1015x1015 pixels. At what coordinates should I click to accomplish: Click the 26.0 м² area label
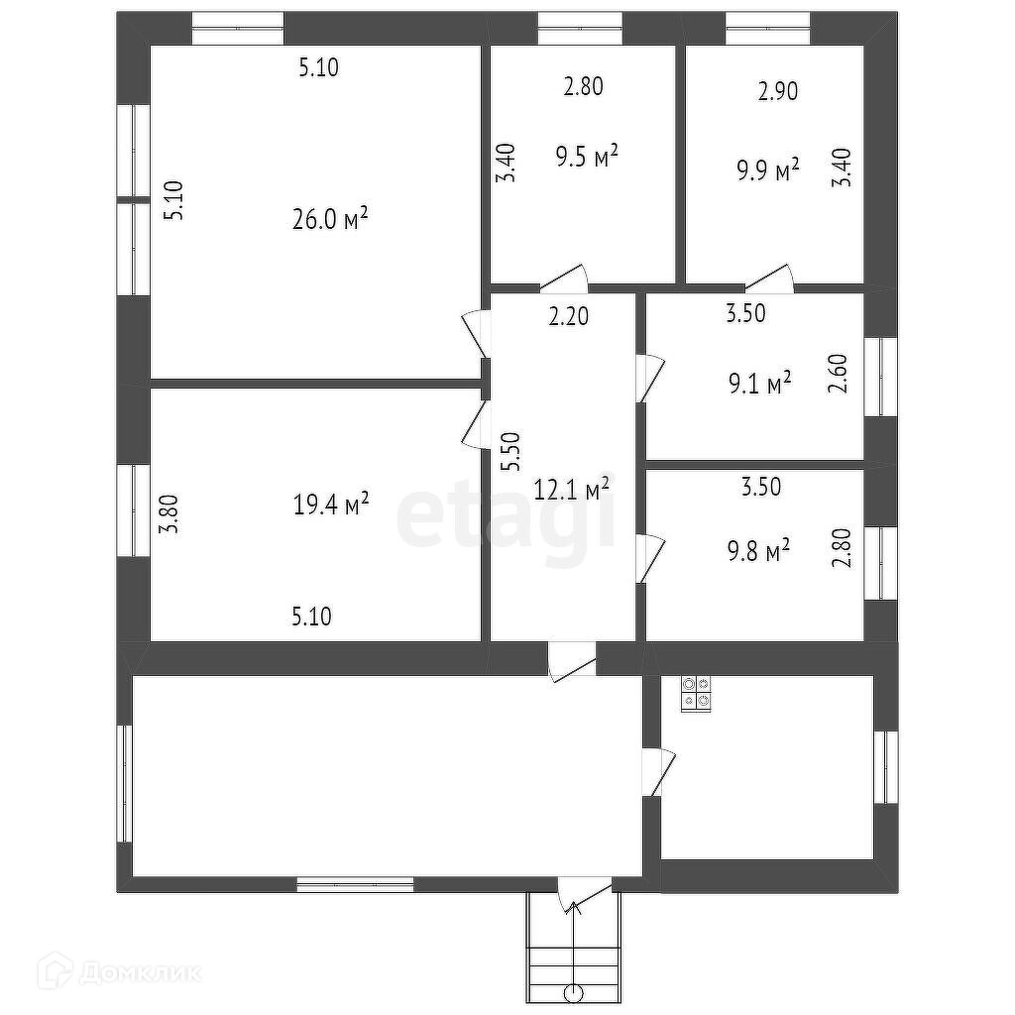pyautogui.click(x=330, y=219)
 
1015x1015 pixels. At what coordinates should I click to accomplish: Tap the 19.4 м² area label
pyautogui.click(x=331, y=505)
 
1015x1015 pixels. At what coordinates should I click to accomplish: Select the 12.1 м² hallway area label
pyautogui.click(x=572, y=489)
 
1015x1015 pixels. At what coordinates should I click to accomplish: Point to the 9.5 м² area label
pyautogui.click(x=588, y=157)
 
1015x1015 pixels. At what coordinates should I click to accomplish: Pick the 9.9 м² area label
pyautogui.click(x=768, y=170)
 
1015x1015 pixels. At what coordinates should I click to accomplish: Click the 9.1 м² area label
pyautogui.click(x=758, y=382)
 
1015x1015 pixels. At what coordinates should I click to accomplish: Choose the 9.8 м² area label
pyautogui.click(x=758, y=548)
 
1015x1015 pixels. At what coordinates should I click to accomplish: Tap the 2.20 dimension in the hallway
pyautogui.click(x=570, y=317)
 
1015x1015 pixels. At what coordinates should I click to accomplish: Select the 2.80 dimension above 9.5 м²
pyautogui.click(x=583, y=86)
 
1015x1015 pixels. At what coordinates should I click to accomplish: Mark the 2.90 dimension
pyautogui.click(x=778, y=91)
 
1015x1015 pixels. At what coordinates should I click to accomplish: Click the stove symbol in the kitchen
pyautogui.click(x=696, y=693)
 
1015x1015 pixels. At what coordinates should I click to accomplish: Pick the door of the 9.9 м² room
pyautogui.click(x=771, y=279)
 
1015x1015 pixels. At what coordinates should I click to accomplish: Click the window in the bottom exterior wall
pyautogui.click(x=356, y=883)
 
